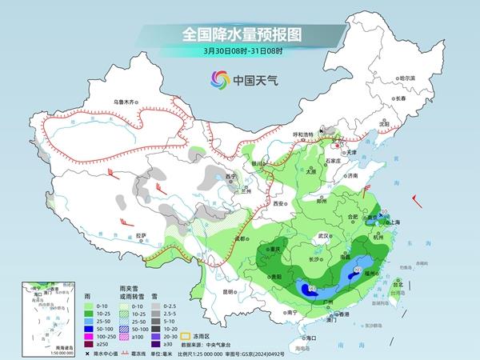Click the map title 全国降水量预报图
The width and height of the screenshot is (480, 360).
(239, 34)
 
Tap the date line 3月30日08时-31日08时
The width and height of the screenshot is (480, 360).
(239, 52)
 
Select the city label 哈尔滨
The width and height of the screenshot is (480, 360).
(407, 78)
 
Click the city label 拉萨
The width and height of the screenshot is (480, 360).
(142, 234)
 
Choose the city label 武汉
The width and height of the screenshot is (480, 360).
(323, 237)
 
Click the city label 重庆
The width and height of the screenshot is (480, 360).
(276, 249)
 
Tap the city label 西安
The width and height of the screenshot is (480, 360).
(279, 205)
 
